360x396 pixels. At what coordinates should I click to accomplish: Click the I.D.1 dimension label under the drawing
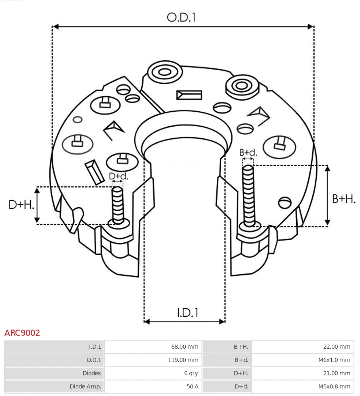187,313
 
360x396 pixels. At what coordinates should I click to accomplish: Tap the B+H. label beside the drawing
343,199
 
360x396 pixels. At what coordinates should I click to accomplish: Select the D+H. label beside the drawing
21,205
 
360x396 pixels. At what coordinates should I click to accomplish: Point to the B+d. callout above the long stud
248,152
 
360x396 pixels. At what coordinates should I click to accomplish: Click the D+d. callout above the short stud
118,176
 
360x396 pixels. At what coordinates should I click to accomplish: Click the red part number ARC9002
22,333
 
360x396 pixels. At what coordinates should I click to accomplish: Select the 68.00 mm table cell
184,347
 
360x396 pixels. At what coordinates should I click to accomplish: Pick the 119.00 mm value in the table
183,360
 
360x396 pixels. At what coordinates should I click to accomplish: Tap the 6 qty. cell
191,373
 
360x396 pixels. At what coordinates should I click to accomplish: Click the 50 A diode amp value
193,386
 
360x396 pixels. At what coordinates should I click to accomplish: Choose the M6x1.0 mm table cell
334,360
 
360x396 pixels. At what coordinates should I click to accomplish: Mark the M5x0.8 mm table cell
334,386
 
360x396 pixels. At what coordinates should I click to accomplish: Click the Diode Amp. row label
85,386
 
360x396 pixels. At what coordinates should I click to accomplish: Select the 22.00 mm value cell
337,347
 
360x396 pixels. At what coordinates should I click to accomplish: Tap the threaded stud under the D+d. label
118,205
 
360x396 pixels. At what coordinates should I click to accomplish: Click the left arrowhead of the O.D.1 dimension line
56,27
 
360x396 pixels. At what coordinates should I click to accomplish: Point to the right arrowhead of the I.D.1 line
222,322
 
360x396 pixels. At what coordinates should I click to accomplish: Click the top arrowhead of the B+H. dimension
328,168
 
